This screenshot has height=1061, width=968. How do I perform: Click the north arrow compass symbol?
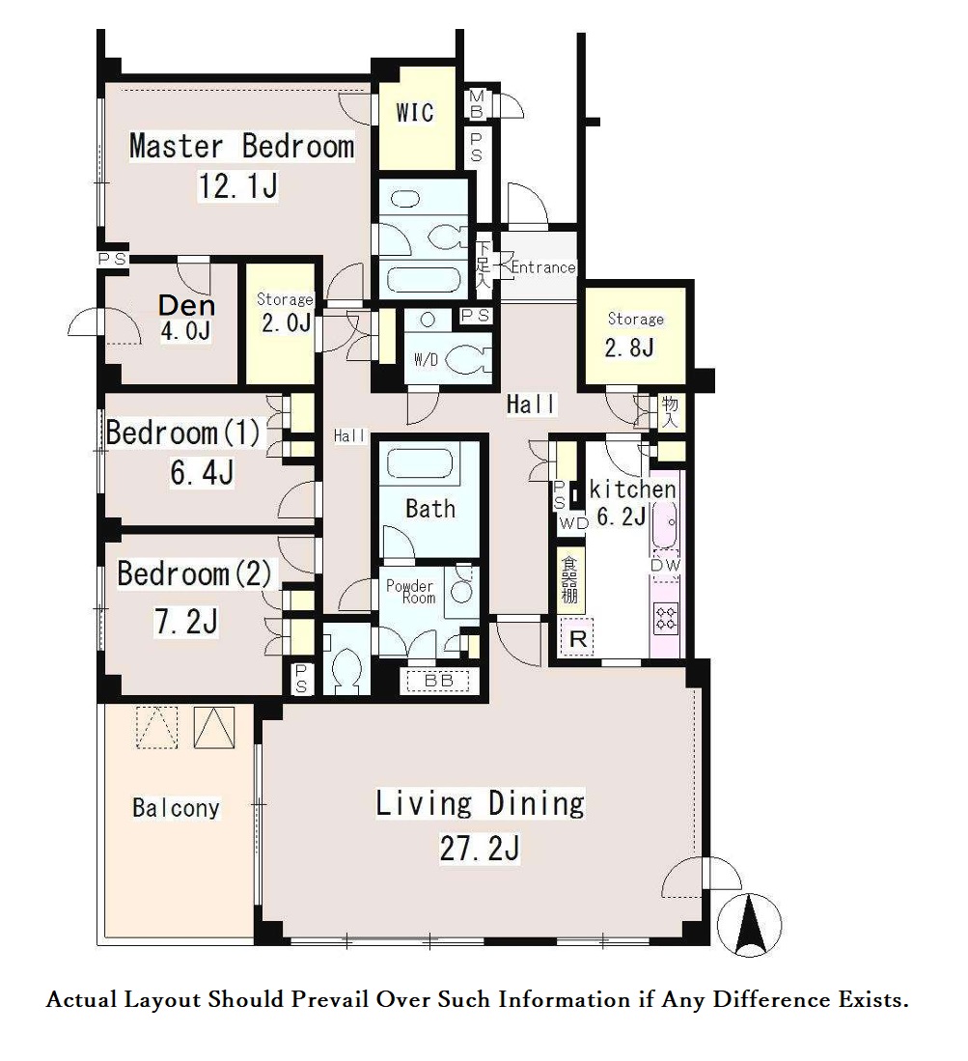[749, 924]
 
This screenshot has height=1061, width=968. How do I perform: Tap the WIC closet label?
[415, 112]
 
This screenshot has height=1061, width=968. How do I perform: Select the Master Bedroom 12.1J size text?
[237, 185]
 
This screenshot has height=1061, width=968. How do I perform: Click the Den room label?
[186, 305]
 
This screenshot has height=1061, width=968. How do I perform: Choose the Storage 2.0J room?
[280, 323]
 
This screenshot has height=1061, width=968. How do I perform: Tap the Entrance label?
[542, 267]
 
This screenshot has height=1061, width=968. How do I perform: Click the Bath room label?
[430, 508]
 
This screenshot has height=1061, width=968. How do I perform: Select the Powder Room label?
[410, 592]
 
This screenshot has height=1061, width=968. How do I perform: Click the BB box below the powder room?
[438, 681]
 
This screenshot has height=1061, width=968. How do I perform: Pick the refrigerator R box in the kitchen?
[578, 637]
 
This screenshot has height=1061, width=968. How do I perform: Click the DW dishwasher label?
[666, 566]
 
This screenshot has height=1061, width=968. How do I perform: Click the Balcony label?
[176, 807]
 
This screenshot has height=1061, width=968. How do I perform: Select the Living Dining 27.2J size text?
[480, 849]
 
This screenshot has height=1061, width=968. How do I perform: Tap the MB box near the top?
[476, 104]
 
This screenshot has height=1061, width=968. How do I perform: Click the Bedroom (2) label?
[195, 573]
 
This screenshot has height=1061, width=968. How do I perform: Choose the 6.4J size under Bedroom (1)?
[202, 472]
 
